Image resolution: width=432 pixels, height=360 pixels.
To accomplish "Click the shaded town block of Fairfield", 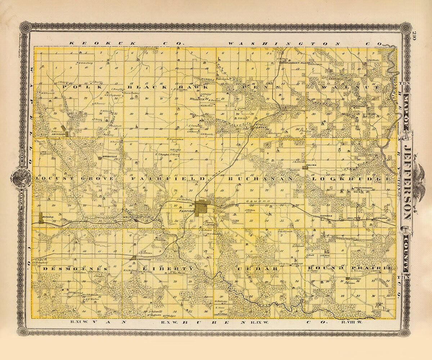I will pyautogui.click(x=201, y=208).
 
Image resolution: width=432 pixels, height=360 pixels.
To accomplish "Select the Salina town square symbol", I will pyautogui.click(x=305, y=167).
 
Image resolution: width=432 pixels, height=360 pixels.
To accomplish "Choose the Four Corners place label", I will pyautogui.click(x=362, y=188).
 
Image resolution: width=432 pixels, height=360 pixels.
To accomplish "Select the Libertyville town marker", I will pyautogui.click(x=134, y=258).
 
